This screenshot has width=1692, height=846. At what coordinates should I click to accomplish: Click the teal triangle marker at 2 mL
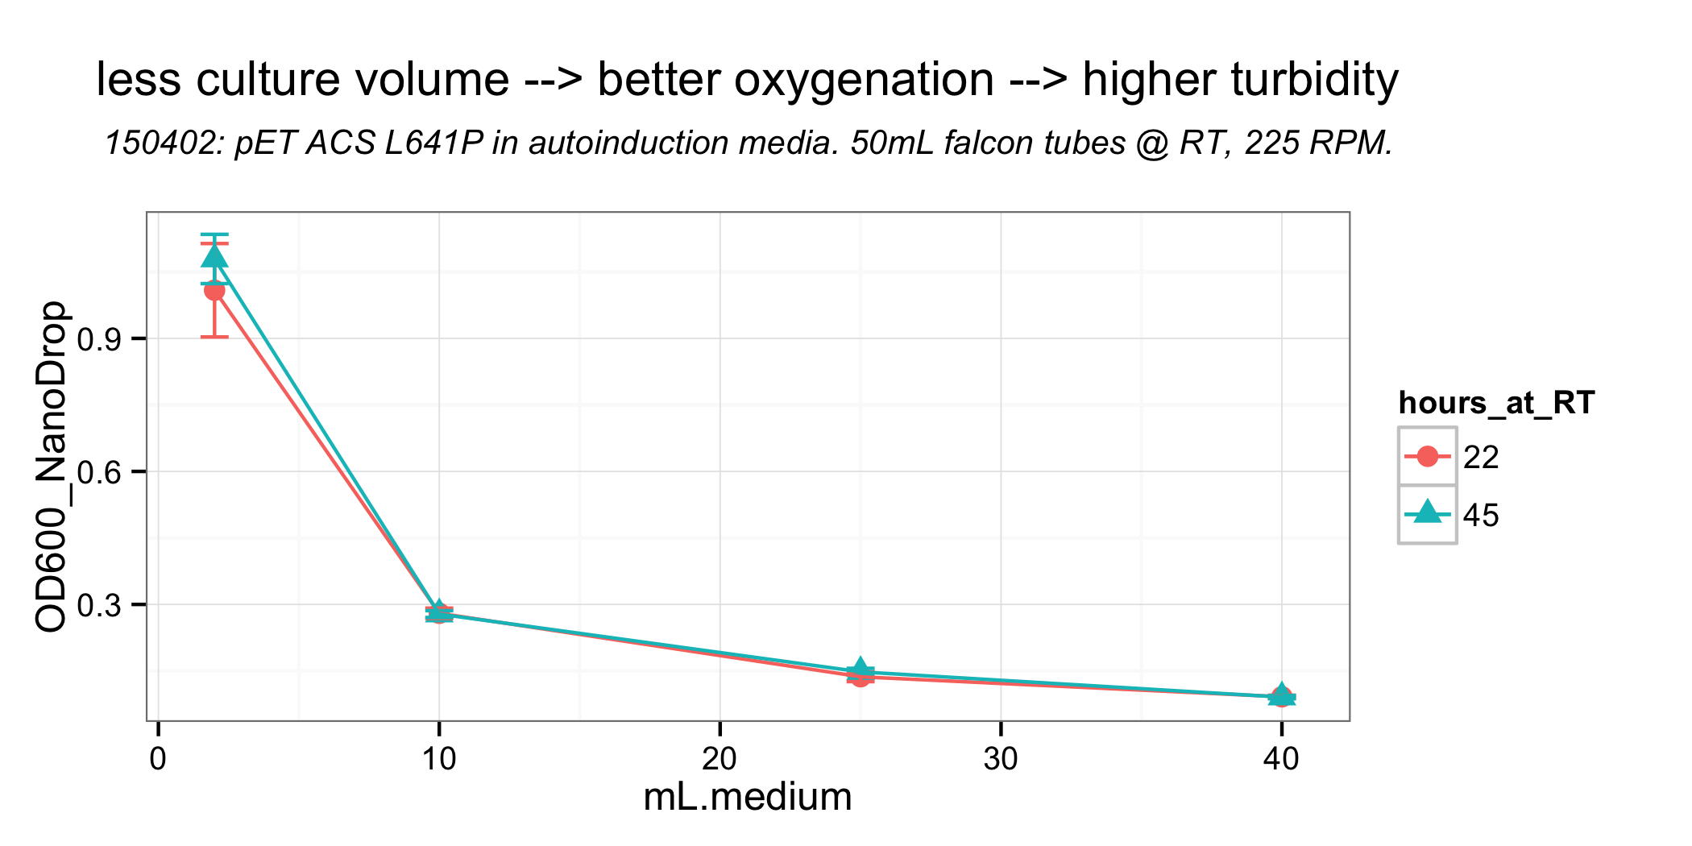tap(214, 257)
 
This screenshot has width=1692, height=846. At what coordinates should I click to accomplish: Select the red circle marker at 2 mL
tap(214, 290)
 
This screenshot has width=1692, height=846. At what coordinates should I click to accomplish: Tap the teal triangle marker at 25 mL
tap(861, 668)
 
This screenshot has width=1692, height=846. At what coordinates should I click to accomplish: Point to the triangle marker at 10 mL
tap(438, 611)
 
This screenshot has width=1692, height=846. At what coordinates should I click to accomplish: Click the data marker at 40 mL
tap(1281, 695)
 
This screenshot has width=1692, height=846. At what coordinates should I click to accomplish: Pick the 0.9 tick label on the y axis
tap(99, 339)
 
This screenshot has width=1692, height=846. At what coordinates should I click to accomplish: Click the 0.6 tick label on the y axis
tap(99, 472)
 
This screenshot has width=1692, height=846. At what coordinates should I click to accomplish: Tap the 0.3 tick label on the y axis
tap(99, 605)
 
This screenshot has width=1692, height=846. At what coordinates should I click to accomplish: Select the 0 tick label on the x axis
tap(158, 759)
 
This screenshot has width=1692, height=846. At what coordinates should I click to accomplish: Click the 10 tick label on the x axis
tap(438, 759)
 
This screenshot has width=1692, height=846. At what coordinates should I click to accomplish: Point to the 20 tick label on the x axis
tap(720, 759)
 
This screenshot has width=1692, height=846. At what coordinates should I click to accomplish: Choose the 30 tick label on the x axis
tap(1000, 759)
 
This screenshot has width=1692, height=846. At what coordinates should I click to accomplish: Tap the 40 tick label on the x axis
tap(1281, 759)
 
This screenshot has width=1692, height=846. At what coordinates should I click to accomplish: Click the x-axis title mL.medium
tap(747, 798)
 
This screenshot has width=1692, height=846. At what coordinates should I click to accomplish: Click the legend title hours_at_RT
tap(1496, 403)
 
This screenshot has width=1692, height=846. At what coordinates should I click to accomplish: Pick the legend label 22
tap(1481, 458)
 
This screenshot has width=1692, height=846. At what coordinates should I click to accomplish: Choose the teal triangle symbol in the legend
tap(1427, 512)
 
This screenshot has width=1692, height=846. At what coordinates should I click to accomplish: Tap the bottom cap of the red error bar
tap(214, 336)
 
